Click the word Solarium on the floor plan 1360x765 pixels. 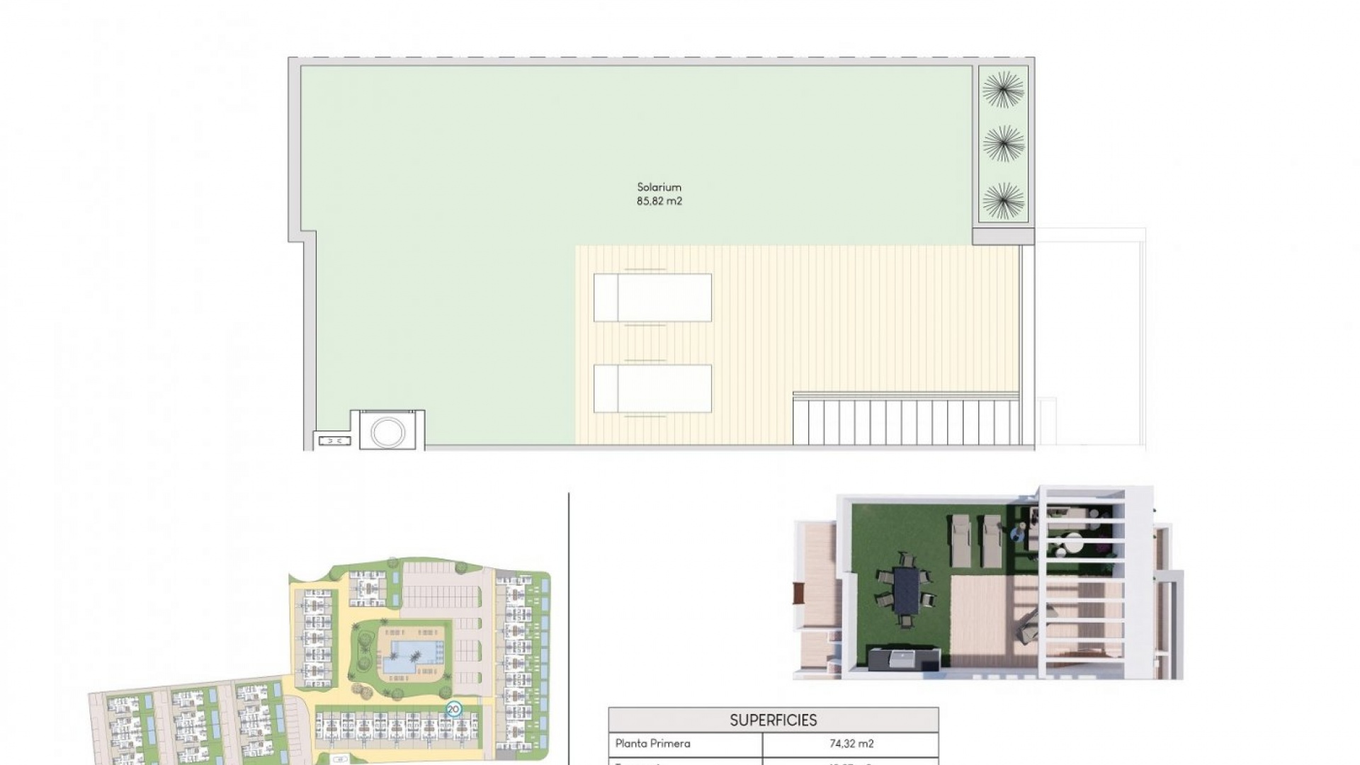click(x=659, y=187)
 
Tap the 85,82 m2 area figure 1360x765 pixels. click(x=659, y=201)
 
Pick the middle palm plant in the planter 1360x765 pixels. click(x=1003, y=144)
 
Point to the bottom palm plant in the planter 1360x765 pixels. click(x=1003, y=200)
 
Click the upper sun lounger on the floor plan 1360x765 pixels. click(x=652, y=297)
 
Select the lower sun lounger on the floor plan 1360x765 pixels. click(x=652, y=388)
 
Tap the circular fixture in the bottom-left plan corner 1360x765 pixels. click(x=387, y=432)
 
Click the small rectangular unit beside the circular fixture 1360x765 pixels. click(x=334, y=441)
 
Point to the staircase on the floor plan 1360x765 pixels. click(x=906, y=421)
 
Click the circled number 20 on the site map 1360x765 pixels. click(x=453, y=709)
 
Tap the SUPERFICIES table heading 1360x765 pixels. click(x=773, y=720)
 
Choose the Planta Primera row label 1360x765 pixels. click(x=652, y=744)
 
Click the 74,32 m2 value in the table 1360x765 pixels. click(x=851, y=744)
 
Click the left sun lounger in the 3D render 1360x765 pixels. click(x=961, y=540)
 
